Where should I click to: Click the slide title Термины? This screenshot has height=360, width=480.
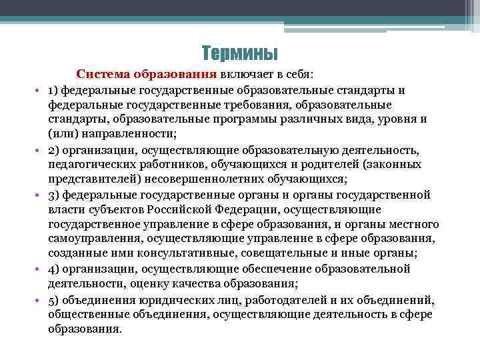(x=239, y=52)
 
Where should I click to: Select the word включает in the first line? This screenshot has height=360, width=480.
(x=248, y=73)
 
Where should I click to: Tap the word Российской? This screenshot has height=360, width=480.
(x=193, y=209)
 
